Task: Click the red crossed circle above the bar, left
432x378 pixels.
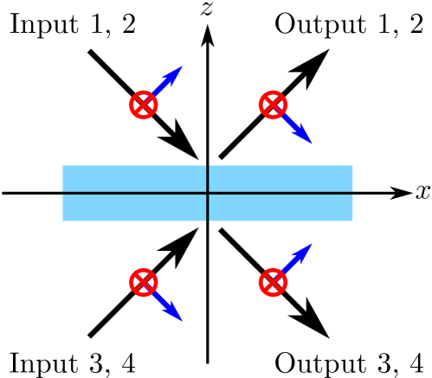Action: [144, 105]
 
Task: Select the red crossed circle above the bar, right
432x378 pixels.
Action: [273, 105]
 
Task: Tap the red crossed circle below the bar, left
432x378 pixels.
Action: [144, 282]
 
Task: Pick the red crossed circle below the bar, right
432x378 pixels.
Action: [273, 282]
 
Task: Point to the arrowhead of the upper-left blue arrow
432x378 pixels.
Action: [176, 72]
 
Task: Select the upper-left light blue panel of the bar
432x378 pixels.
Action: [134, 178]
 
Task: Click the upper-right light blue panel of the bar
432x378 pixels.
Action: [280, 178]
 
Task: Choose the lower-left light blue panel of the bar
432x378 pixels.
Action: [134, 208]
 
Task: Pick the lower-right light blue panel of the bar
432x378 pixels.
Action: [280, 208]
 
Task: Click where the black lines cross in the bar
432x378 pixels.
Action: [208, 193]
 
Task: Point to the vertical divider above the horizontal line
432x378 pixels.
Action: [208, 178]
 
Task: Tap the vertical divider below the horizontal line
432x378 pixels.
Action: [208, 208]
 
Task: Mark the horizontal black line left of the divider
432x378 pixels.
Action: [134, 193]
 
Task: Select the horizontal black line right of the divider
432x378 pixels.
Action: [280, 193]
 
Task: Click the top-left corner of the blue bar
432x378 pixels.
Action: [63, 166]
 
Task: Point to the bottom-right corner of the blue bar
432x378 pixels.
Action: [352, 221]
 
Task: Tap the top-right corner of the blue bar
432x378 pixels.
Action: [352, 166]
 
